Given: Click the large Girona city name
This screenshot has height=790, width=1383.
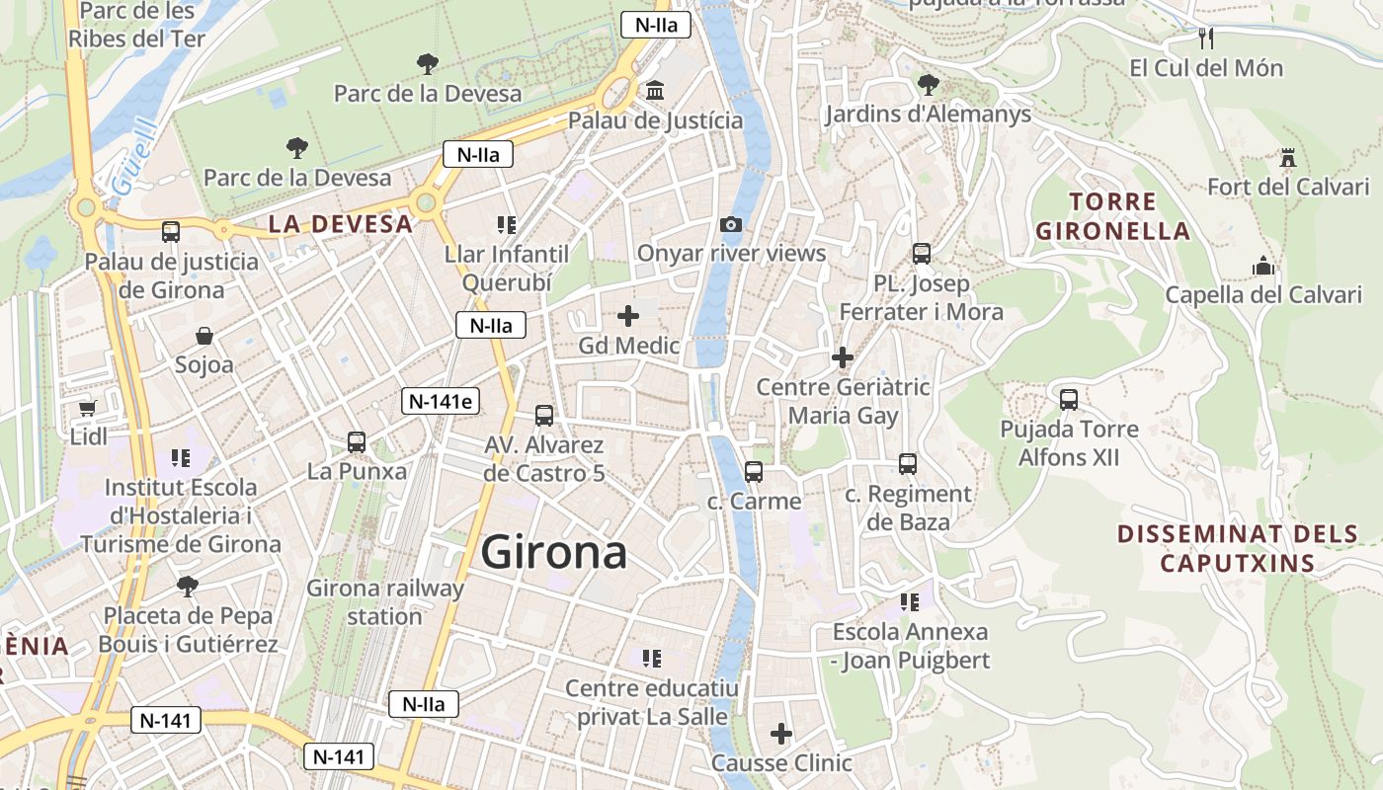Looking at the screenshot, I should (x=554, y=553).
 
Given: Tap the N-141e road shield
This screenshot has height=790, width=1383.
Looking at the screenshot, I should (x=442, y=401).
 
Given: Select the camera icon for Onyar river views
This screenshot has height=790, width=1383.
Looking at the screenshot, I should (x=731, y=225).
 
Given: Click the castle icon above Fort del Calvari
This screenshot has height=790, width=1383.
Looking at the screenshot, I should (x=1287, y=158).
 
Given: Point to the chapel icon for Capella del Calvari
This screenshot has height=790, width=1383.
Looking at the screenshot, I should (x=1263, y=266).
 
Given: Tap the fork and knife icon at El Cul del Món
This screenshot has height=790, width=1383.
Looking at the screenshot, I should (x=1205, y=39).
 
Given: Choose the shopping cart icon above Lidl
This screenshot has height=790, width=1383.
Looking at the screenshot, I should (x=87, y=407).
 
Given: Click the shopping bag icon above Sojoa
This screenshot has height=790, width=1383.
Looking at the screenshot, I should (x=203, y=336).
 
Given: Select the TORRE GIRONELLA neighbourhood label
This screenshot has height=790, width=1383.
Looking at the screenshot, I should (x=1111, y=216).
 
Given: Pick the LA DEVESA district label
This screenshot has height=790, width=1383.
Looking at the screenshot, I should (x=341, y=224).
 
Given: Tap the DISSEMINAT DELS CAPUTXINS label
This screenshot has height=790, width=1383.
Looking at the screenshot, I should (x=1238, y=549).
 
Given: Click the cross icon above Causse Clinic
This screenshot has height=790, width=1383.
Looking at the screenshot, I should (x=781, y=734).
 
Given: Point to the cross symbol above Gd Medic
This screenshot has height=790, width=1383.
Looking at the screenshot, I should (x=628, y=316).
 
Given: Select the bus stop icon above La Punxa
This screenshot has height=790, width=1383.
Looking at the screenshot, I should (x=357, y=442).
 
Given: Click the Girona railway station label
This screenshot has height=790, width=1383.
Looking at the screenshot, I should (x=384, y=602).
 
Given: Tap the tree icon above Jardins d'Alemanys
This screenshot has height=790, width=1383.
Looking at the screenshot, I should (x=928, y=85).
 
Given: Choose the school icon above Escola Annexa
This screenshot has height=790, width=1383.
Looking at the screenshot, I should (x=910, y=601).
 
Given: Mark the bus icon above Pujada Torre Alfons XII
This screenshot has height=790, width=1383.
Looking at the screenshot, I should (x=1069, y=400).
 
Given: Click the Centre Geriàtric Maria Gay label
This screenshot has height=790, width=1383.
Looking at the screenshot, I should (x=843, y=401).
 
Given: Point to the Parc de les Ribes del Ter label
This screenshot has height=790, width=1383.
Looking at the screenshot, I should (x=136, y=25).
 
